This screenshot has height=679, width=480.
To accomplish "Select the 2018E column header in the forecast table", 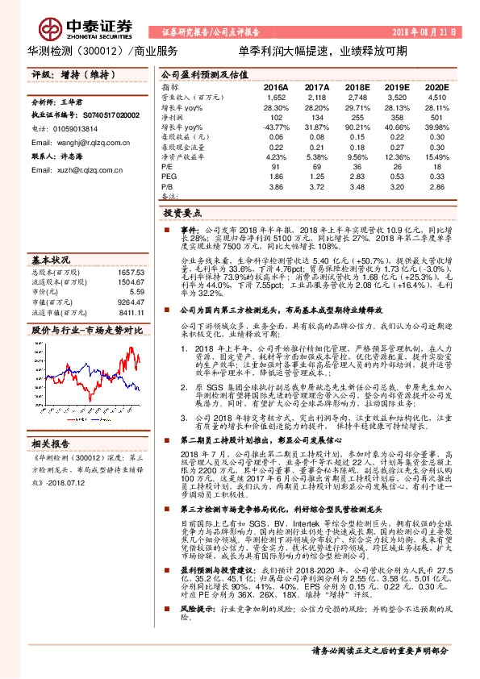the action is click(x=357, y=85).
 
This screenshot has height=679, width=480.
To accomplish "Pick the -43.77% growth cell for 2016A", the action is click(x=275, y=128).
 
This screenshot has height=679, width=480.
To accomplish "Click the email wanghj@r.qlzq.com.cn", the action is click(x=83, y=141).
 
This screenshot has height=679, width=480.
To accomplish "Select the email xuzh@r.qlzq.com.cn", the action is click(x=77, y=169).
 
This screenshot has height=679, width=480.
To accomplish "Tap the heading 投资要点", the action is click(x=182, y=214).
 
